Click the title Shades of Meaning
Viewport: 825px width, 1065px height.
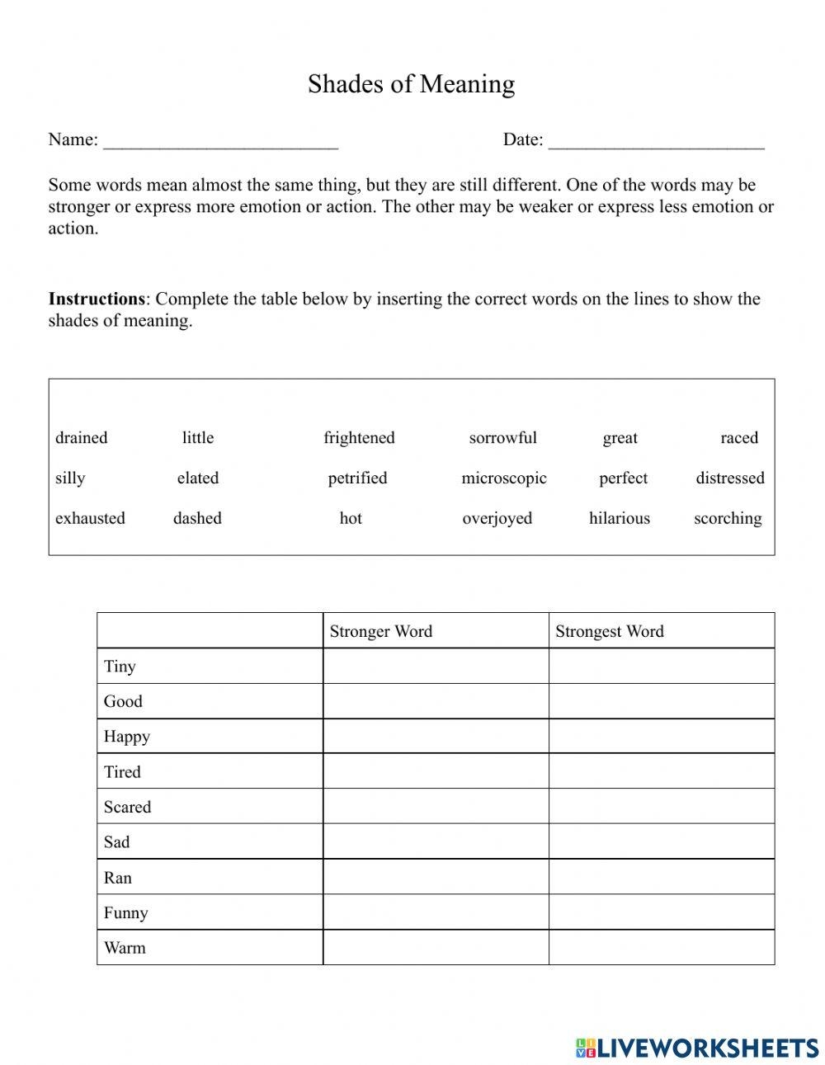pos(411,84)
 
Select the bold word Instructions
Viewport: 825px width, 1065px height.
pos(97,299)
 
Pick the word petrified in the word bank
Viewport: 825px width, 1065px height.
pos(357,478)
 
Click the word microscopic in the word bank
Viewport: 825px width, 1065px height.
pos(504,478)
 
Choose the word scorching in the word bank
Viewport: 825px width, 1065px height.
pos(728,519)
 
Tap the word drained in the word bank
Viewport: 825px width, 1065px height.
pos(81,438)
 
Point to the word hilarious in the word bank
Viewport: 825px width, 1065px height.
pos(620,519)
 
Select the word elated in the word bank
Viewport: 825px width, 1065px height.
pos(198,478)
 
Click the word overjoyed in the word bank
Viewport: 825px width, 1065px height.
pos(497,519)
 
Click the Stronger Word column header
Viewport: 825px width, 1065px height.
pos(381,632)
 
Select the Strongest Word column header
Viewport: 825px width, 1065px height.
pos(610,632)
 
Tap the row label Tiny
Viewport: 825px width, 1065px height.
pos(120,667)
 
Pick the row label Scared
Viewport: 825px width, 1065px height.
pos(127,808)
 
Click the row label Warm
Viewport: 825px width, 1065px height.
pos(125,948)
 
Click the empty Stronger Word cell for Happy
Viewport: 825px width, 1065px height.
pos(436,737)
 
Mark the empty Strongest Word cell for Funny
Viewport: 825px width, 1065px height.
pos(662,912)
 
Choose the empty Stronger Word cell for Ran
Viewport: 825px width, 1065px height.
pos(436,877)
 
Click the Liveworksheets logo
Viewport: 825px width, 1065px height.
pos(697,1048)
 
